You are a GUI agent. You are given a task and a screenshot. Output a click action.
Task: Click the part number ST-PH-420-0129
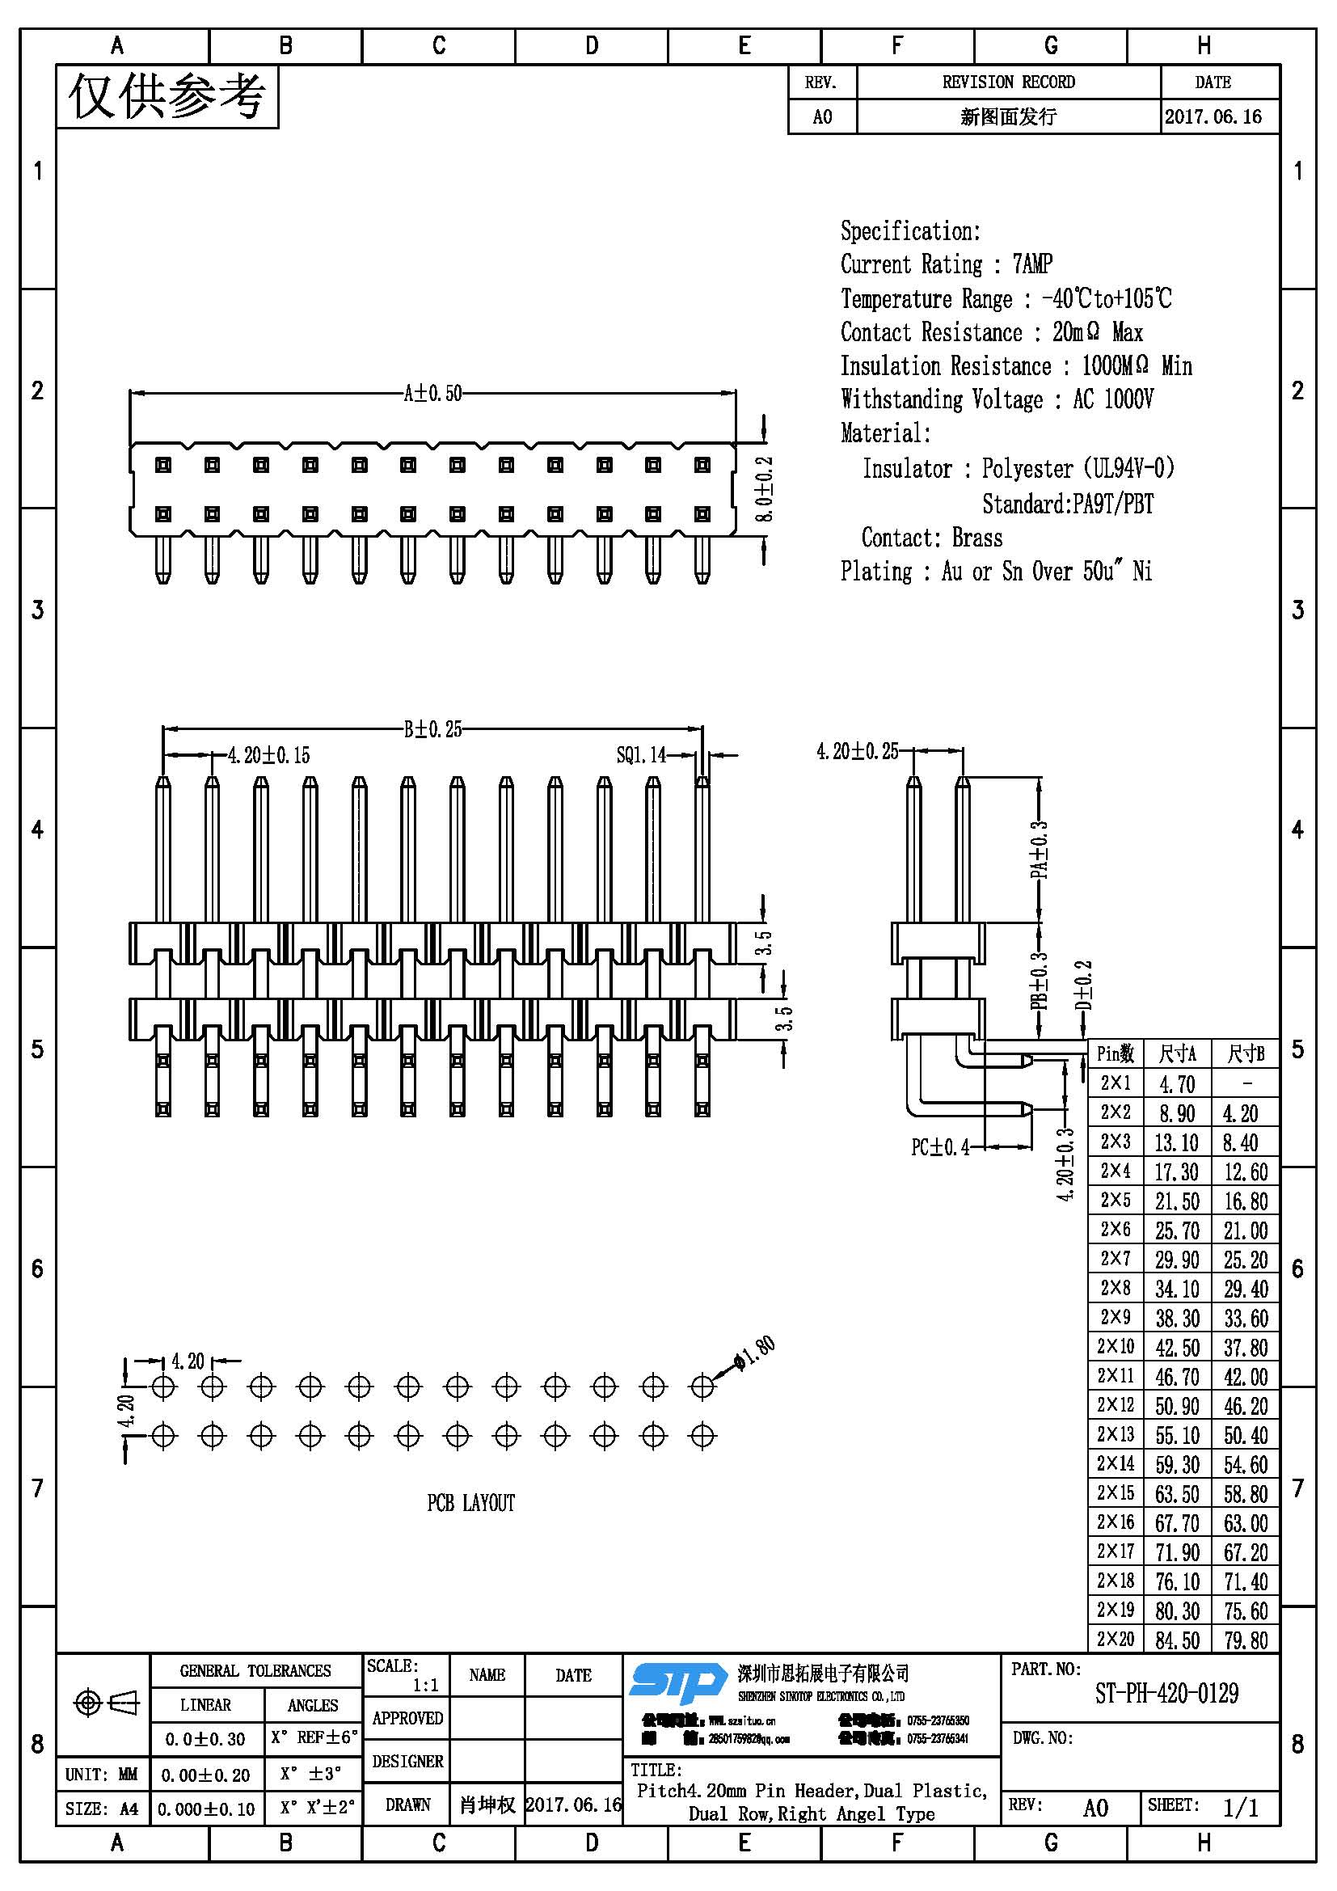1166,1694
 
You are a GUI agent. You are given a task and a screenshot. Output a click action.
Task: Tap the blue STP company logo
677,1682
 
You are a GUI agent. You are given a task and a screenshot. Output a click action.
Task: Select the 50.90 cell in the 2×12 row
1176,1406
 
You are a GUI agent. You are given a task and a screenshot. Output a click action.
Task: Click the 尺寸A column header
1177,1053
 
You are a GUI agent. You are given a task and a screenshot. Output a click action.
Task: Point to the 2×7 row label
1116,1259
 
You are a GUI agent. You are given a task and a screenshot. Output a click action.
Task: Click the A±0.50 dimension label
432,394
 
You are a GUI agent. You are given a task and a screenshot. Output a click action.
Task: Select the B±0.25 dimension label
432,729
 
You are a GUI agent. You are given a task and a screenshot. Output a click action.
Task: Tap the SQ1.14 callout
640,755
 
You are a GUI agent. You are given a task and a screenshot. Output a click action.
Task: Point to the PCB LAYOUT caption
470,1504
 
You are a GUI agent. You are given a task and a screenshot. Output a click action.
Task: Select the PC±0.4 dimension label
939,1147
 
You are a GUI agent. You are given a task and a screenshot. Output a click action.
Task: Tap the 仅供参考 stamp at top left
167,97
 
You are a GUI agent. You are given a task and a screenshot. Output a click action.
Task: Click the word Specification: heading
909,231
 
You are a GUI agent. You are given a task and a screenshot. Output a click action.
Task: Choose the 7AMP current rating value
1032,264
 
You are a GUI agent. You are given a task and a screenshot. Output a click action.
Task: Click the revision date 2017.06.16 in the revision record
1213,117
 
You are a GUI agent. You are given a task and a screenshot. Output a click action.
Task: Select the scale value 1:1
426,1685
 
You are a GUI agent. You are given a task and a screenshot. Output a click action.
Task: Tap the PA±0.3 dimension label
1040,848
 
